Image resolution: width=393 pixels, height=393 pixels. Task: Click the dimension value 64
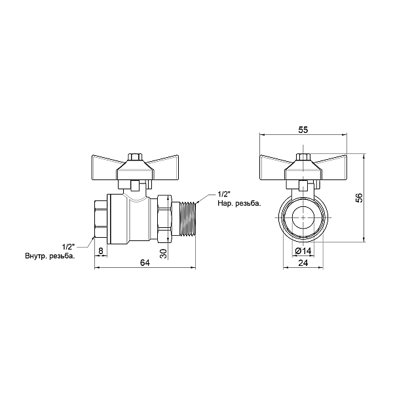(145, 263)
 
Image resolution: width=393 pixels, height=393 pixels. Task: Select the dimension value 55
(303, 130)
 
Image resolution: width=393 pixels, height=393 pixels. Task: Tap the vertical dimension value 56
(359, 198)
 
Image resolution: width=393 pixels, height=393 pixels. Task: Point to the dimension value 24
(303, 263)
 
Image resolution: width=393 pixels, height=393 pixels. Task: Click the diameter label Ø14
(303, 251)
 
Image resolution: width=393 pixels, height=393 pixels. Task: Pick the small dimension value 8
(101, 251)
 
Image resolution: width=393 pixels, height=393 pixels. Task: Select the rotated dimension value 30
(163, 253)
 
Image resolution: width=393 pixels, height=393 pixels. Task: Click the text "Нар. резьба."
(239, 203)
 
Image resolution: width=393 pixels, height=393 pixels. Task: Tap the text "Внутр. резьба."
(50, 256)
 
